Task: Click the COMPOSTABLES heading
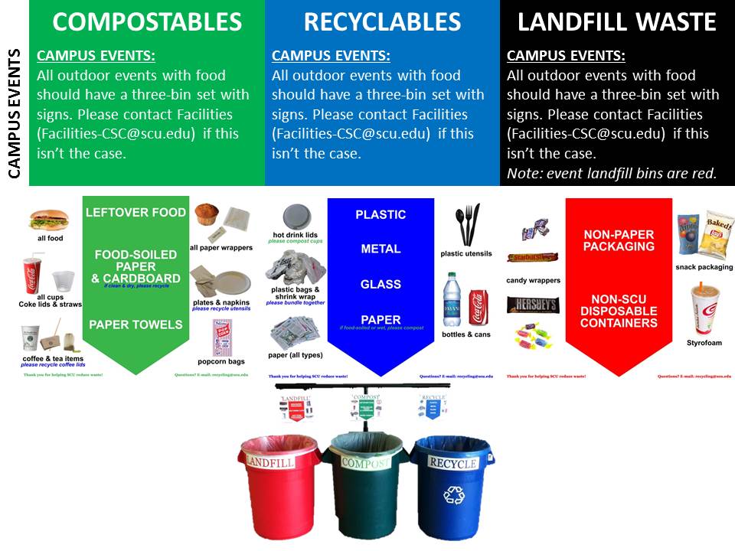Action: click(147, 23)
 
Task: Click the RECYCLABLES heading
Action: click(382, 23)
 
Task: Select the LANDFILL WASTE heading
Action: click(616, 23)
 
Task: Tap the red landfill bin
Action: click(279, 486)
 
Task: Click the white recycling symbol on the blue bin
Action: click(454, 495)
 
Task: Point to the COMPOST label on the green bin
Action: click(365, 463)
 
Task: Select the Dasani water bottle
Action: click(452, 301)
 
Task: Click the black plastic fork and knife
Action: click(467, 224)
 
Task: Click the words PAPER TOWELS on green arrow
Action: click(136, 324)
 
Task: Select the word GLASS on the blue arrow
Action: click(381, 284)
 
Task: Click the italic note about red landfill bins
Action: click(612, 173)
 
